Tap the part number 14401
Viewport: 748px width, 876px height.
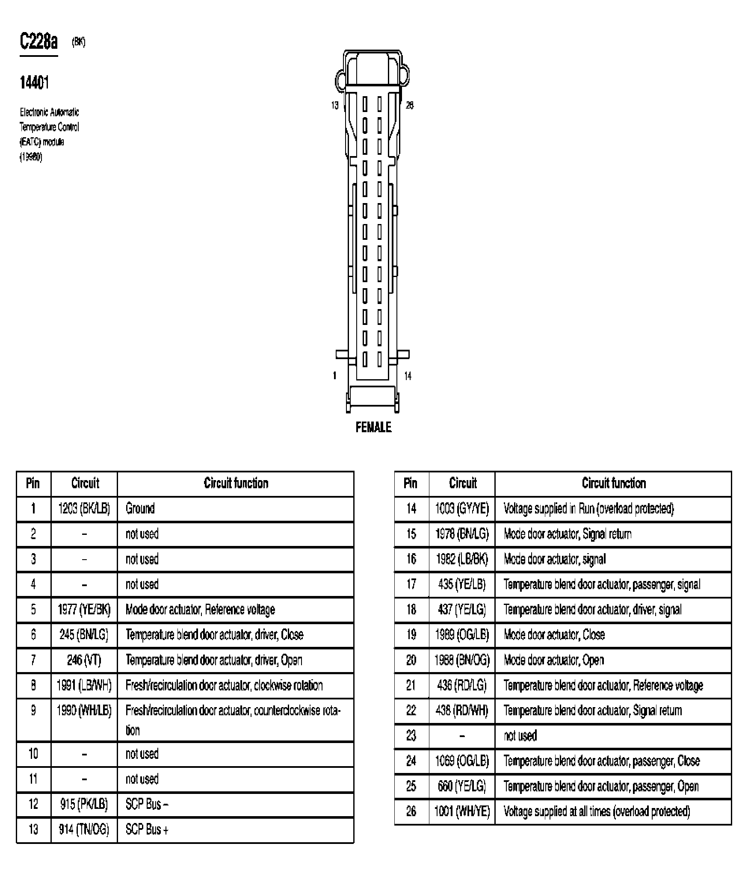click(34, 83)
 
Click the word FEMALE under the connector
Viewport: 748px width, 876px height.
click(373, 427)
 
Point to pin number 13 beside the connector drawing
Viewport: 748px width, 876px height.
click(334, 105)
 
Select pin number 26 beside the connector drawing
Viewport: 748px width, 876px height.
click(410, 105)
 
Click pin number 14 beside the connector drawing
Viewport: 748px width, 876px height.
click(408, 376)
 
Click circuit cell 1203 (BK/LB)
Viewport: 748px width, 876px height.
click(84, 508)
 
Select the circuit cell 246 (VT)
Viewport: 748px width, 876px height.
click(84, 660)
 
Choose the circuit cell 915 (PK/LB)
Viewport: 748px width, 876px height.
click(84, 804)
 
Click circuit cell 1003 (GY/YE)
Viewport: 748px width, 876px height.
click(462, 508)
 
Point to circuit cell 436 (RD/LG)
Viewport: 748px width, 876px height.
click(462, 685)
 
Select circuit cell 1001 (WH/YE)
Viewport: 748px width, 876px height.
click(462, 811)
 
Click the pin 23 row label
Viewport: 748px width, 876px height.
click(411, 736)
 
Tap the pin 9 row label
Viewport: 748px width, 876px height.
click(33, 711)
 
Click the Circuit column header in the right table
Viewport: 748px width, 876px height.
click(462, 483)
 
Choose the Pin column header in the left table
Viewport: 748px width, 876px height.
click(33, 483)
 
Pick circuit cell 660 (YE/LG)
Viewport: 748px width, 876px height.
click(462, 786)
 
